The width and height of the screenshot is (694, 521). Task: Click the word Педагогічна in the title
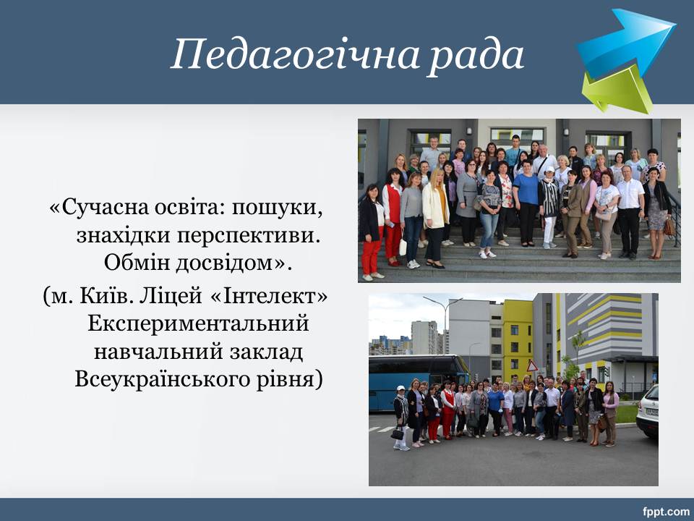(x=295, y=56)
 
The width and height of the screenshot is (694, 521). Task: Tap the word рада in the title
(x=476, y=54)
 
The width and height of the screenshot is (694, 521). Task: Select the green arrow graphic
(x=618, y=89)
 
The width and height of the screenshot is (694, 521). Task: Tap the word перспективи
(x=249, y=236)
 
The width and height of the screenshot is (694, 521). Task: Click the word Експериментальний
(x=198, y=324)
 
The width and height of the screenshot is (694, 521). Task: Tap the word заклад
(x=267, y=352)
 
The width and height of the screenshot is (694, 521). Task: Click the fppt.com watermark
(x=666, y=512)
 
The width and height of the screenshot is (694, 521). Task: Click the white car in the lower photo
(x=648, y=412)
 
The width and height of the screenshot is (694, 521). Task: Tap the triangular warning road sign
(x=531, y=366)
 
